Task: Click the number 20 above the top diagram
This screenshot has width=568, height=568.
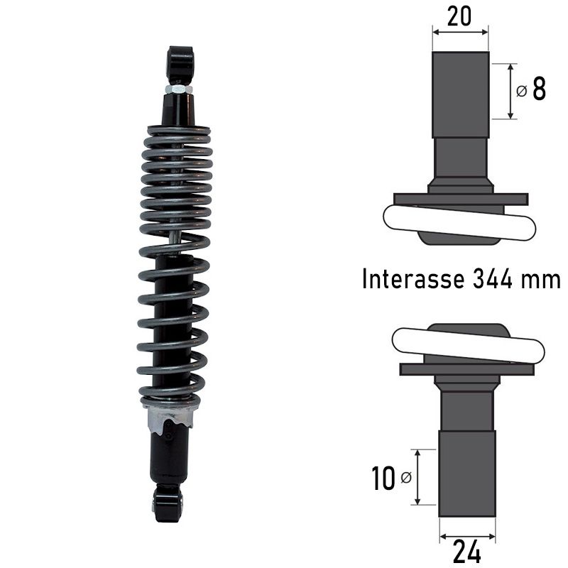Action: click(x=459, y=16)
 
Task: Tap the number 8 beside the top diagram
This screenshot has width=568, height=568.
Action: click(x=539, y=90)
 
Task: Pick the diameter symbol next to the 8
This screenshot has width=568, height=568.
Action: click(x=522, y=92)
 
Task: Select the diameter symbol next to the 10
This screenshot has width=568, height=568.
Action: click(x=405, y=478)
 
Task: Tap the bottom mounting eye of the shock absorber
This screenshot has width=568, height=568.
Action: click(x=168, y=502)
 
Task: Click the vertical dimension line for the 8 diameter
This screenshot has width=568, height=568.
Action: click(x=511, y=91)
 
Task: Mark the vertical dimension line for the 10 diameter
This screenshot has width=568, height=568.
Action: click(x=417, y=476)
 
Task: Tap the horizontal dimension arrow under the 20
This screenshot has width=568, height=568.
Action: click(x=460, y=31)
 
